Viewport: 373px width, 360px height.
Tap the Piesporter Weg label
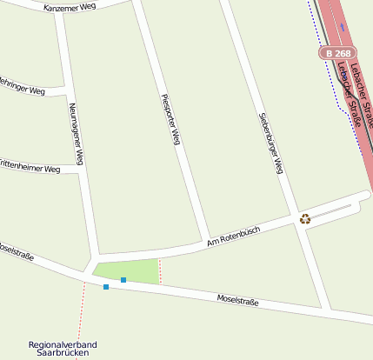170,117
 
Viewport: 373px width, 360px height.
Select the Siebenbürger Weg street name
271,143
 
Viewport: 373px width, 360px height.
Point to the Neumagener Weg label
77,133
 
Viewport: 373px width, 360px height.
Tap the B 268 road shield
338,54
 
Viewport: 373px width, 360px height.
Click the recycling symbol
305,219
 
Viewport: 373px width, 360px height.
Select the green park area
130,271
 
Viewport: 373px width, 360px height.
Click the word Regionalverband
63,345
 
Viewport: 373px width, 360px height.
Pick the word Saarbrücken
63,354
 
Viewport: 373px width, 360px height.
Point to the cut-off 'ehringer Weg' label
22,87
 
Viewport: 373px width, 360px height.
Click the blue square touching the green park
123,279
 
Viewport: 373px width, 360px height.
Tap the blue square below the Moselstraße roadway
106,287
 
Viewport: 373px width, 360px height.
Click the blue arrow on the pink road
343,26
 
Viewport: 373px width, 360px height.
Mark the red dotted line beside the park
160,270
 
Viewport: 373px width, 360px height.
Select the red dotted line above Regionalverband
81,313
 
